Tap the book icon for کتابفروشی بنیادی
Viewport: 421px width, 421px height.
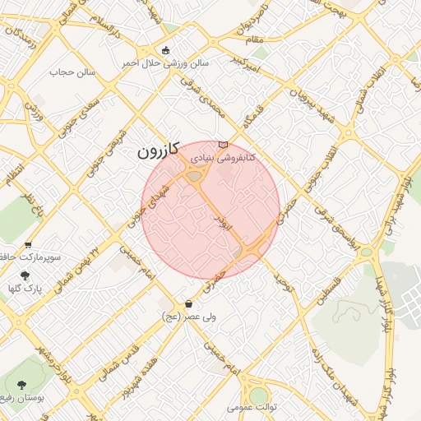(223, 145)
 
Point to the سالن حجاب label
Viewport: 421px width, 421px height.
(73, 72)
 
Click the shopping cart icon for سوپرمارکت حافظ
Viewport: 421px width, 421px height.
(29, 244)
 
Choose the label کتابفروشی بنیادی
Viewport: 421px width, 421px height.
(224, 156)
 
